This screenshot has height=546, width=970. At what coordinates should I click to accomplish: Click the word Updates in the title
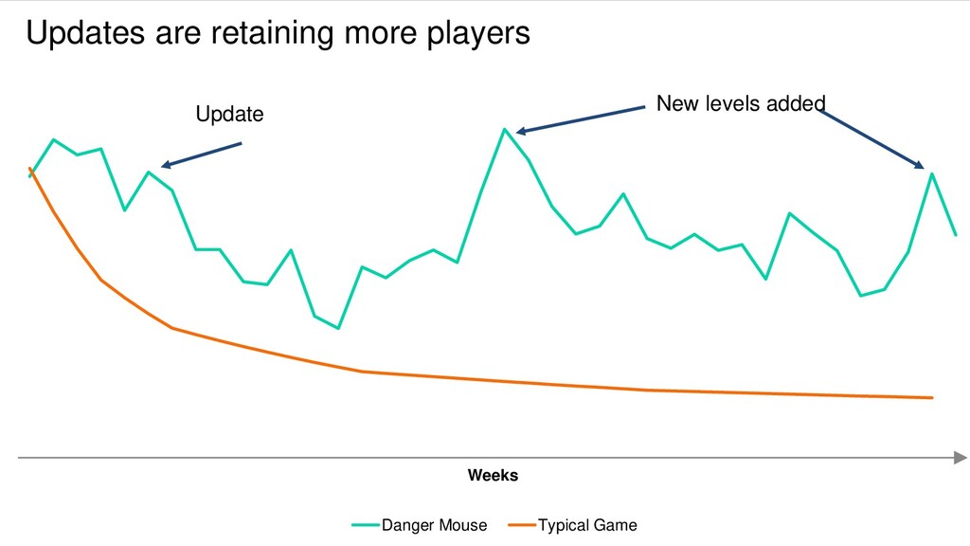point(85,33)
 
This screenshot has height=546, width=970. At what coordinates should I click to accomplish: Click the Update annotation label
point(229,114)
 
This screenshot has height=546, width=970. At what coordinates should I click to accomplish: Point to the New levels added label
point(741,103)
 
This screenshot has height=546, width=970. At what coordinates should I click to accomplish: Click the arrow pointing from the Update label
point(201,155)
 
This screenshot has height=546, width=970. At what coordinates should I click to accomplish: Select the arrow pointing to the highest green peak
point(581,118)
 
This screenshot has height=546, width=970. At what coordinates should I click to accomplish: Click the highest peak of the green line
point(505,129)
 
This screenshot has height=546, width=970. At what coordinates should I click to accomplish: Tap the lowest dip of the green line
point(338,328)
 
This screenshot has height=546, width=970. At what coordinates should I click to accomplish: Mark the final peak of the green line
point(932,174)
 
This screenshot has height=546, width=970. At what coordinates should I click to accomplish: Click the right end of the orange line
point(932,397)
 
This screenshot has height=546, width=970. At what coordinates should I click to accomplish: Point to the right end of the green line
point(956,235)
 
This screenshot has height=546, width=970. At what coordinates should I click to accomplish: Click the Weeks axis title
point(493,476)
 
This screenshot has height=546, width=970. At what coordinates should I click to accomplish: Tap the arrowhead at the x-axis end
point(961,458)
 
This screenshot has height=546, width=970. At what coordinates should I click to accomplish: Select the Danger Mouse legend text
point(434,525)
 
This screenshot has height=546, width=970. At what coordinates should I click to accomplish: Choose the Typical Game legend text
point(587,525)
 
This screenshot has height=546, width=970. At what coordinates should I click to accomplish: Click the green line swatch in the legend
point(365,525)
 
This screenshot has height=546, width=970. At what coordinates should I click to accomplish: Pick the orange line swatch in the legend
point(522,525)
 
